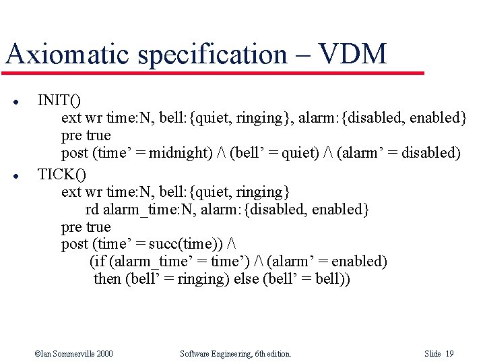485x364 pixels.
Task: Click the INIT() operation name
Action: (x=59, y=100)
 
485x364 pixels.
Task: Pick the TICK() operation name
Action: (x=61, y=174)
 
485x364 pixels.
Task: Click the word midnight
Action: (x=180, y=152)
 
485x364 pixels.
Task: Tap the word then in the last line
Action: (x=108, y=278)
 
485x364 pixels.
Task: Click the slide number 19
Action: (x=449, y=353)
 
